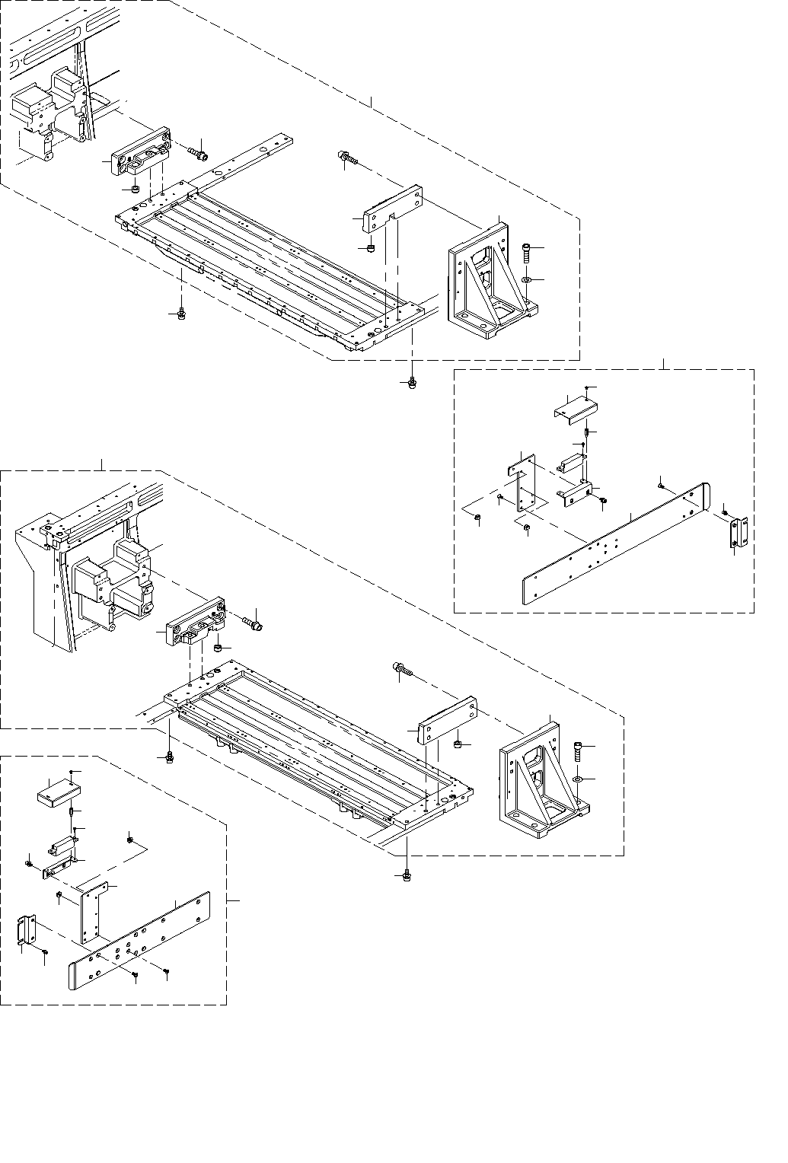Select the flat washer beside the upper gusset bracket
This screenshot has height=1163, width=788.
point(526,281)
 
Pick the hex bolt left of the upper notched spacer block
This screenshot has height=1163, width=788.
point(346,158)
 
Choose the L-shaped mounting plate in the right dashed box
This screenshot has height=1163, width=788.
point(522,480)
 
